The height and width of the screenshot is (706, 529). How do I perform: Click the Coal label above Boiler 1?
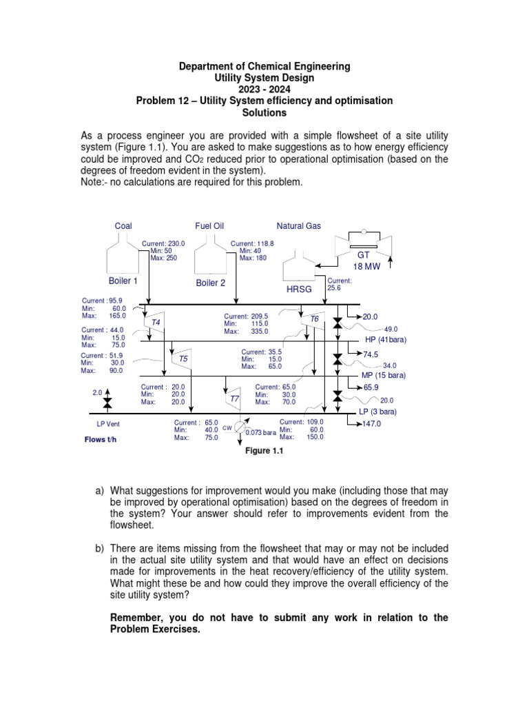pos(123,225)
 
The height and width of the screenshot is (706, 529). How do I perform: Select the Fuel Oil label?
pos(209,225)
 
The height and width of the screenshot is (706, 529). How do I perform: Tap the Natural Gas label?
pos(299,225)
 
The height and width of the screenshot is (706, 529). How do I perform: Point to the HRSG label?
pos(300,290)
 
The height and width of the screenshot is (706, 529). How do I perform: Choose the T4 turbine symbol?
pos(156,322)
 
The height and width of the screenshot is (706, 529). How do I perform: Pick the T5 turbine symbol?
pos(183,359)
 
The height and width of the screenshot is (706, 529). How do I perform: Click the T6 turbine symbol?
pos(313,319)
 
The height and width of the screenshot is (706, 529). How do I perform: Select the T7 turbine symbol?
pos(234,399)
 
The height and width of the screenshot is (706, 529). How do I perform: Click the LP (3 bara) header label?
pos(382,412)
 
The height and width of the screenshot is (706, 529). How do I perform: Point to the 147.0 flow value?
pos(375,425)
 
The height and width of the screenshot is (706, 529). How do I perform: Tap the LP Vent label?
pos(108,424)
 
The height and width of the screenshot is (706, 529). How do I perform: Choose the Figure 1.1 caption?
pos(264,452)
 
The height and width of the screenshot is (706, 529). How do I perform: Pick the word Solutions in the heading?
pos(264,112)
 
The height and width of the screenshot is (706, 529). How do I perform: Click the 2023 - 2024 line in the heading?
pos(264,89)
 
